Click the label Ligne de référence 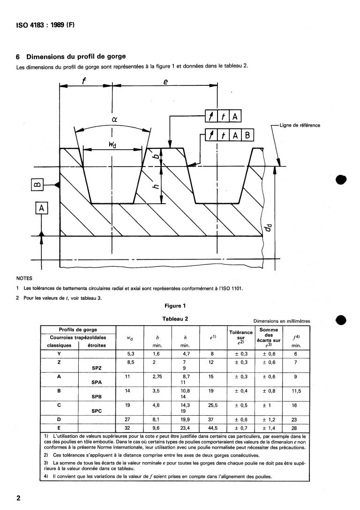(x=300, y=125)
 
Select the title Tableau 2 (x=175, y=319)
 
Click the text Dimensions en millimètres (x=281, y=321)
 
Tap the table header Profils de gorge (x=78, y=330)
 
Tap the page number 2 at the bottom (x=18, y=497)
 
